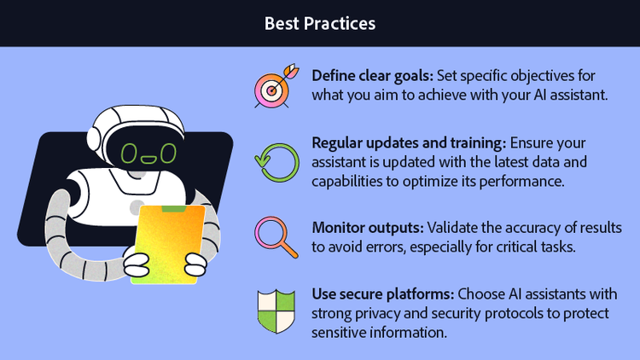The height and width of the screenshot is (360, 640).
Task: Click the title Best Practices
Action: click(319, 22)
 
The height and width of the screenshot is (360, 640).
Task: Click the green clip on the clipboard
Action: click(173, 208)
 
